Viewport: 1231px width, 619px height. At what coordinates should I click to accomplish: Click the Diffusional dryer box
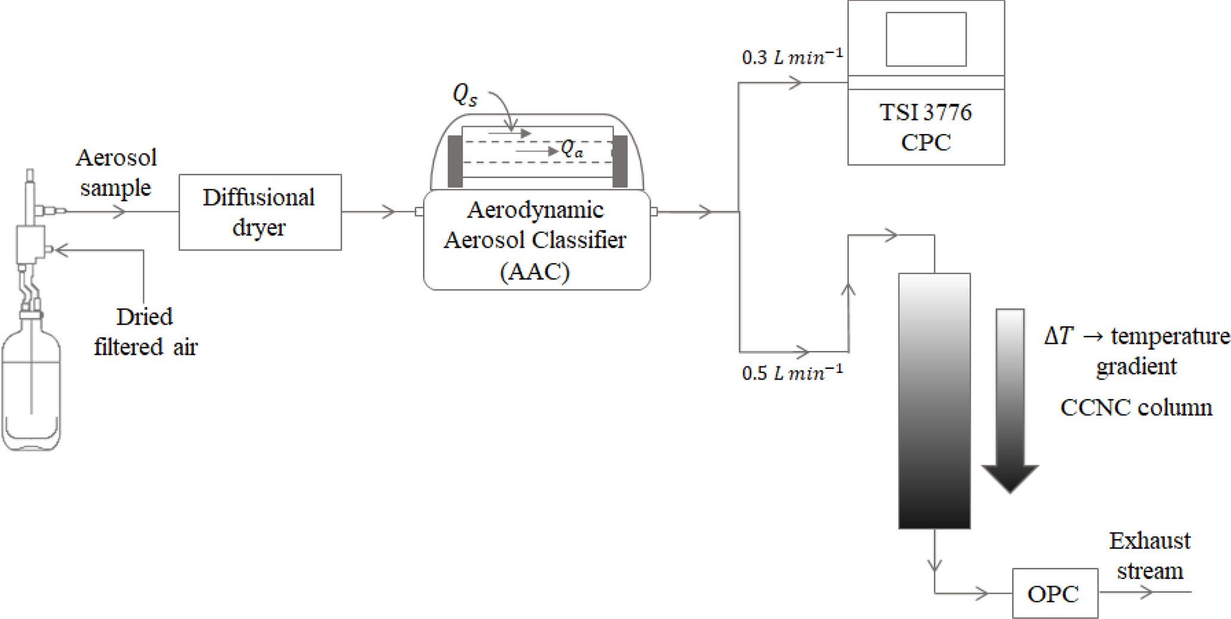coord(260,212)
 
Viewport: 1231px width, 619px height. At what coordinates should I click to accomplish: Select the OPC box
coord(1055,593)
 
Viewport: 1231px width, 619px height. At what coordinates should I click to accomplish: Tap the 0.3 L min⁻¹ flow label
coord(792,57)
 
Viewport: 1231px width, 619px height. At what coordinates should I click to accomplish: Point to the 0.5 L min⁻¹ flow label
coord(792,373)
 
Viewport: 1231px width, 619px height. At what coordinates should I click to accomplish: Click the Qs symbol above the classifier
coord(465,95)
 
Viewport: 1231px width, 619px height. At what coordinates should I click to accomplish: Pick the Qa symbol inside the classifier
coord(572,149)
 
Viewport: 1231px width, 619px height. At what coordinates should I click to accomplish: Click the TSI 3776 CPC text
coord(925,127)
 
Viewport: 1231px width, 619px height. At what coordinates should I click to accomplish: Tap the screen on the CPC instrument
coord(925,39)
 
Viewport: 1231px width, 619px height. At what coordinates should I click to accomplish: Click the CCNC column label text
coord(1136,408)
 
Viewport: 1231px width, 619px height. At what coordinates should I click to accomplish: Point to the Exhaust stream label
coord(1149,555)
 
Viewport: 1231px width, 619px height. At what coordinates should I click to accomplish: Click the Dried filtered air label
coord(145,331)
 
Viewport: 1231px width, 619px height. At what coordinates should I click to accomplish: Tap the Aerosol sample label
coord(116,173)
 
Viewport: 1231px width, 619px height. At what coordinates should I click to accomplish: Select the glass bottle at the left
coord(31,387)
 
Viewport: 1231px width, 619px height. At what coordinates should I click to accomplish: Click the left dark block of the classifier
coord(455,161)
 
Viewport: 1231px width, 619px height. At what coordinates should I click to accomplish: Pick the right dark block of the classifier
coord(620,161)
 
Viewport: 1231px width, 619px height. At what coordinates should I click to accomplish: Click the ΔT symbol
coord(1058,337)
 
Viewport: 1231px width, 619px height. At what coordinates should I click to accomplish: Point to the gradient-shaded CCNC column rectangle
coord(934,400)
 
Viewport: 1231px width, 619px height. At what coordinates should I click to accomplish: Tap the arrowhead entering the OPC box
coord(981,593)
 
